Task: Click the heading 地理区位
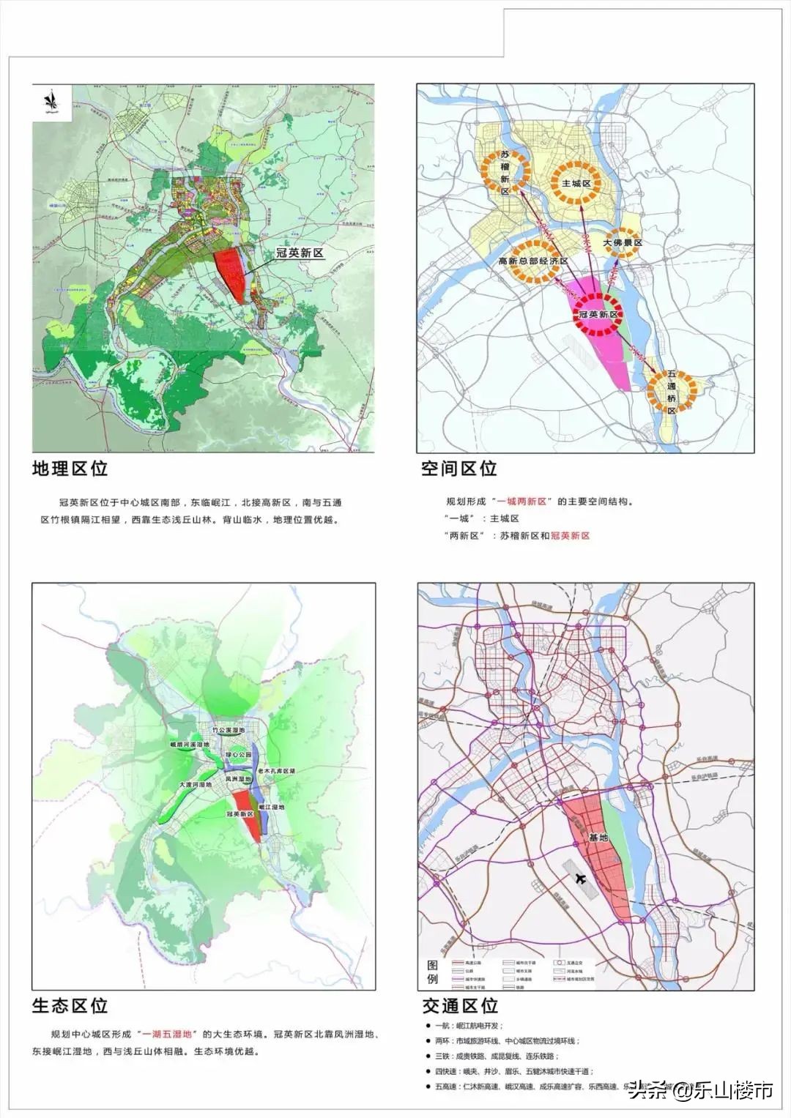point(70,469)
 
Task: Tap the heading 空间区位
point(459,469)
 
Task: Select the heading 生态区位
point(70,1005)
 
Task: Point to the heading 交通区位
point(460,1005)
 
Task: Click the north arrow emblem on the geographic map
point(51,103)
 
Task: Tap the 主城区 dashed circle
point(576,182)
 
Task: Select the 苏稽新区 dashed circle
point(505,173)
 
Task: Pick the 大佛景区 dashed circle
point(623,242)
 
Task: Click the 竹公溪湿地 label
point(228,730)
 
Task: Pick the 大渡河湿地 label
point(196,785)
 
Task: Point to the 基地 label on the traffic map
point(598,838)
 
